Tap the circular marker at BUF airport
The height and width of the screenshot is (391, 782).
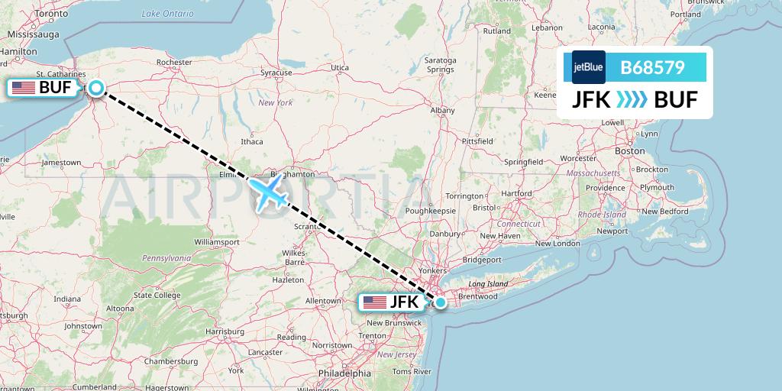point(96,88)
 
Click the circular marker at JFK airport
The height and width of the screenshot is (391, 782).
point(441,302)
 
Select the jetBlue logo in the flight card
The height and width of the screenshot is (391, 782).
point(588,67)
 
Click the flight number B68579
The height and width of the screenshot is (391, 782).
point(652,68)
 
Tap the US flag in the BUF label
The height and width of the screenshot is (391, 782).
point(24,88)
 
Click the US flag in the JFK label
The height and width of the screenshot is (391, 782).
point(375,302)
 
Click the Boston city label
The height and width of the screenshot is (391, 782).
point(630,151)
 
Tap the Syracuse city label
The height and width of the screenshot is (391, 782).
point(276,73)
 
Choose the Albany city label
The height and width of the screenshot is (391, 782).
point(442,111)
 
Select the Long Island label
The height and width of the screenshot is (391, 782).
point(487,283)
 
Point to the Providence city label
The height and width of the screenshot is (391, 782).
point(606,188)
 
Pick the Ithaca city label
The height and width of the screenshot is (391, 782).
point(251,141)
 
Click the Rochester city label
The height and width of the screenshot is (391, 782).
point(173,63)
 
